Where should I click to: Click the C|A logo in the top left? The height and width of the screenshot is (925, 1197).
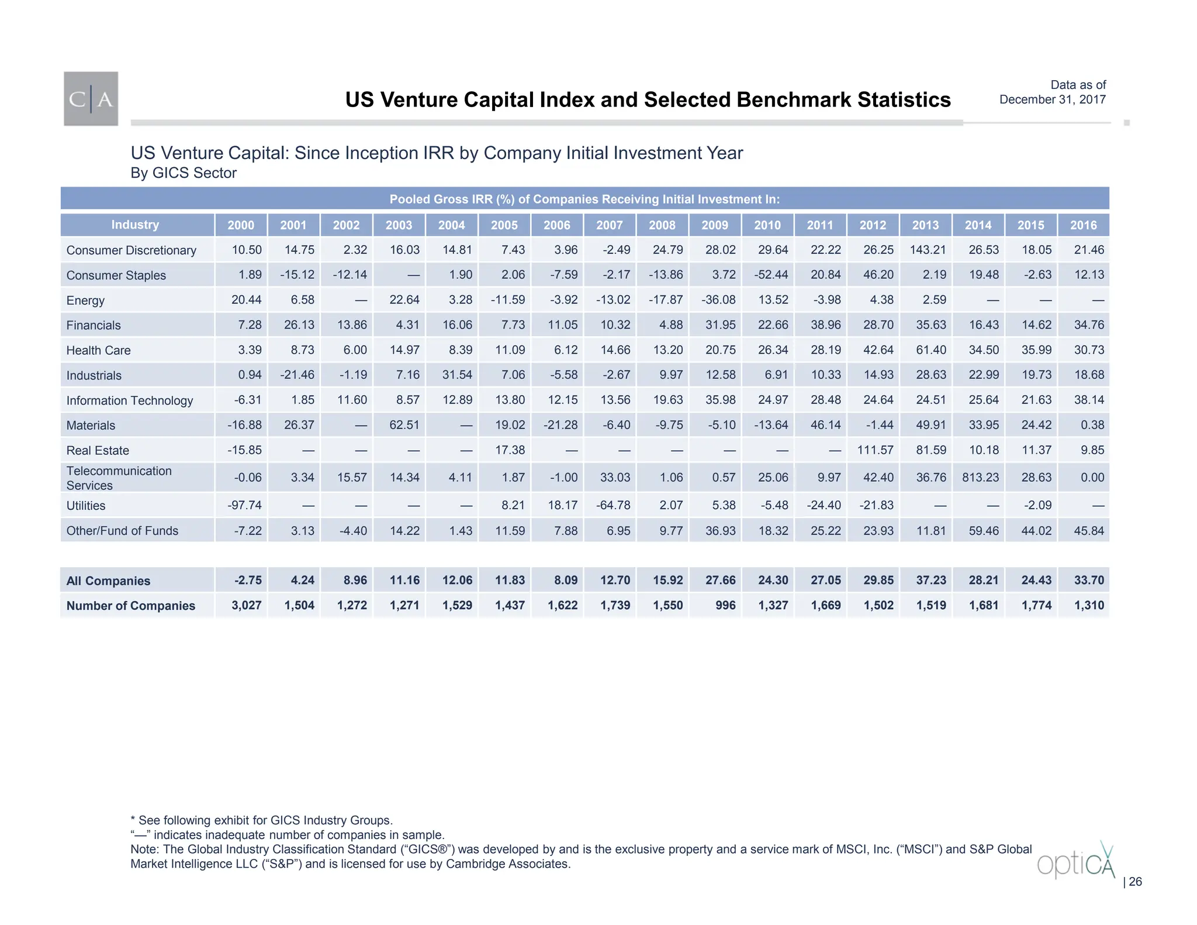click(91, 99)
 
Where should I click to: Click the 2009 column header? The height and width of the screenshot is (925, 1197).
click(714, 225)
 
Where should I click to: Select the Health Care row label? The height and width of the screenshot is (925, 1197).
click(98, 350)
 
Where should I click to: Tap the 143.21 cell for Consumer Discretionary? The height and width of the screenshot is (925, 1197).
click(928, 250)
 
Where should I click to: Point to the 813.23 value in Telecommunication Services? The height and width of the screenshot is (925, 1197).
click(980, 477)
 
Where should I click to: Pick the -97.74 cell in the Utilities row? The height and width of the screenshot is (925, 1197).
click(244, 505)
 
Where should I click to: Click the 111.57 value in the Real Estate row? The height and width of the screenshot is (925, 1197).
click(875, 450)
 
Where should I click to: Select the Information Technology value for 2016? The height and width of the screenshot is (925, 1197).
click(1089, 400)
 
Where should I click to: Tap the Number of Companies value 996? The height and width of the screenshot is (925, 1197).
click(725, 605)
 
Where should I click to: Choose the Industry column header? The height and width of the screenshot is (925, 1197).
click(135, 225)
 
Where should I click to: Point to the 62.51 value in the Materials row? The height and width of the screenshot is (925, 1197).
click(404, 425)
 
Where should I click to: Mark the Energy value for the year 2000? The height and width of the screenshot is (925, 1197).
click(246, 300)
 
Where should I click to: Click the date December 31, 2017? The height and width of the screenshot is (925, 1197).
click(1052, 99)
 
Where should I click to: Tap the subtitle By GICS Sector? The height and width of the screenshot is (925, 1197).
click(184, 173)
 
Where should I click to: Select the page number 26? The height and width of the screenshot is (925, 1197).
click(1134, 882)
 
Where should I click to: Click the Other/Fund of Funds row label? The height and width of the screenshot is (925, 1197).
click(122, 530)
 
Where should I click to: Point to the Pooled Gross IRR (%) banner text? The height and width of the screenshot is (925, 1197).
click(584, 199)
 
